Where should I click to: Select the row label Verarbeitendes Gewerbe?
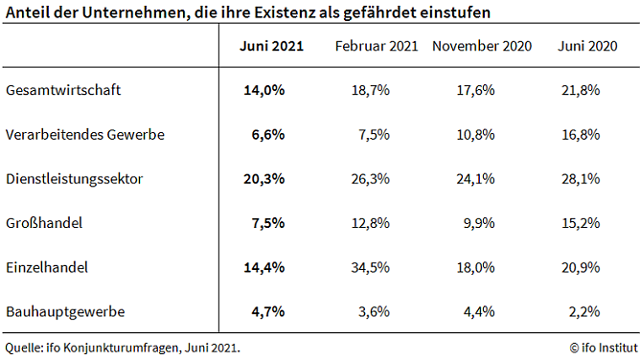(84, 135)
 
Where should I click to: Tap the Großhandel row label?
(44, 223)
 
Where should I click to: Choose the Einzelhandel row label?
(47, 267)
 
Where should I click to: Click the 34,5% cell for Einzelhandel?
(370, 267)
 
